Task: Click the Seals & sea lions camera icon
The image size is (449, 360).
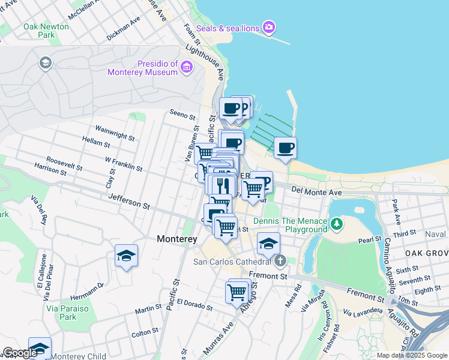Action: point(269,27)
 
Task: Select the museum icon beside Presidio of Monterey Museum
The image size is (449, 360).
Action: point(187,67)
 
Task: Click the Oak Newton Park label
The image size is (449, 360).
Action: point(46,31)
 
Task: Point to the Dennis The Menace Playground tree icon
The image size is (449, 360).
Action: point(337,224)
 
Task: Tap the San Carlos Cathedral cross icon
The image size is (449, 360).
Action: point(280,261)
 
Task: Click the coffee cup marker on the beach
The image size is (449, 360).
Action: point(286,148)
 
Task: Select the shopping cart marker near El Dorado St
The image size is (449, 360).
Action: point(237,292)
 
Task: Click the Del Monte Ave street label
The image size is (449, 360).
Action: point(316,192)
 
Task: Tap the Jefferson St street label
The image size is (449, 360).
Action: point(129,201)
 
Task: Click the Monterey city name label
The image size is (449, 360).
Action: point(177,239)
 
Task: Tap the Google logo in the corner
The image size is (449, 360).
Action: point(20,353)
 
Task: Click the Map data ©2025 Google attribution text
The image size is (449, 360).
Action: point(411,355)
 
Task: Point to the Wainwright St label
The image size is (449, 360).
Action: point(115,133)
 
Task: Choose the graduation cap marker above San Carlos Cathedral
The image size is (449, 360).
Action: point(269,243)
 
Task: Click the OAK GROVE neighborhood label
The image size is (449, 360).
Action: point(426,253)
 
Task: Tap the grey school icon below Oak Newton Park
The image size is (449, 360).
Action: point(45,62)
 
